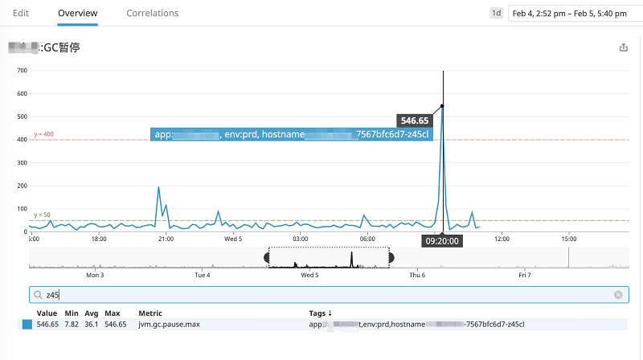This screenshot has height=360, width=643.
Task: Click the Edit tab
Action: (22, 13)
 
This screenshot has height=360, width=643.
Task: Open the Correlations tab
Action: (153, 13)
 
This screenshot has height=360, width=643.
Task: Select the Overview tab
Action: (78, 13)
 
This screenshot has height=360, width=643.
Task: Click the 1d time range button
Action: (497, 13)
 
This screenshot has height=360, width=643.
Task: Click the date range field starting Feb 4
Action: (574, 13)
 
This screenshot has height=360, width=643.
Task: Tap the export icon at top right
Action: (624, 47)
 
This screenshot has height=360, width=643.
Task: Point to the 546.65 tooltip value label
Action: (415, 121)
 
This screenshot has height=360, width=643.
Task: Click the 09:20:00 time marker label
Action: (442, 240)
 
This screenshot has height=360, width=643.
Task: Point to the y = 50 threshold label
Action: (42, 215)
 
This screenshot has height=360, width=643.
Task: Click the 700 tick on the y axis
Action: (22, 71)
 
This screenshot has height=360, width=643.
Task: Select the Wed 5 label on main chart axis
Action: (233, 239)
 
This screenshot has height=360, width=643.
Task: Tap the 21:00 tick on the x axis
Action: (166, 239)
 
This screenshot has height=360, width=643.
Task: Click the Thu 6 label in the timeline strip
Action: (417, 275)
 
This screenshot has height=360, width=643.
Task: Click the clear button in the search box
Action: (618, 295)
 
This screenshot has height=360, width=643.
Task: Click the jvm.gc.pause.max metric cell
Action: (170, 324)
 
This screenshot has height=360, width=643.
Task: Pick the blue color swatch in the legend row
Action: (27, 324)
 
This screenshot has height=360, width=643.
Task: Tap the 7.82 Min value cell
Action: (71, 324)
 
